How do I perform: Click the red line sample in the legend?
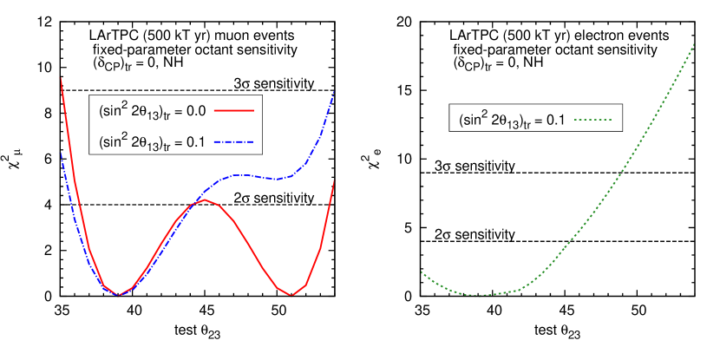point(233,111)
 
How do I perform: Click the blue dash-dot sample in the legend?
point(233,141)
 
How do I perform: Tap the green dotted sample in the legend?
point(593,120)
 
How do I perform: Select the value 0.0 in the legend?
point(195,111)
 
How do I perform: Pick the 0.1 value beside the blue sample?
point(195,141)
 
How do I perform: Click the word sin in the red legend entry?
point(112,111)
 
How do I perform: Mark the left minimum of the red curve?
point(119,295)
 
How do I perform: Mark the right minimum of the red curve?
point(291,295)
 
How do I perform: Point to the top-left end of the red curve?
point(61,77)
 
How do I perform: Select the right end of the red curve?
point(334,180)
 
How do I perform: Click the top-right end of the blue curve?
point(334,90)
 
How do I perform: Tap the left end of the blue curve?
point(60,153)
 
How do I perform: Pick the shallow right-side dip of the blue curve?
point(277,179)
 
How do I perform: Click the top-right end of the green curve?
point(695,44)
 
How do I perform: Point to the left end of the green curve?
point(422,272)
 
